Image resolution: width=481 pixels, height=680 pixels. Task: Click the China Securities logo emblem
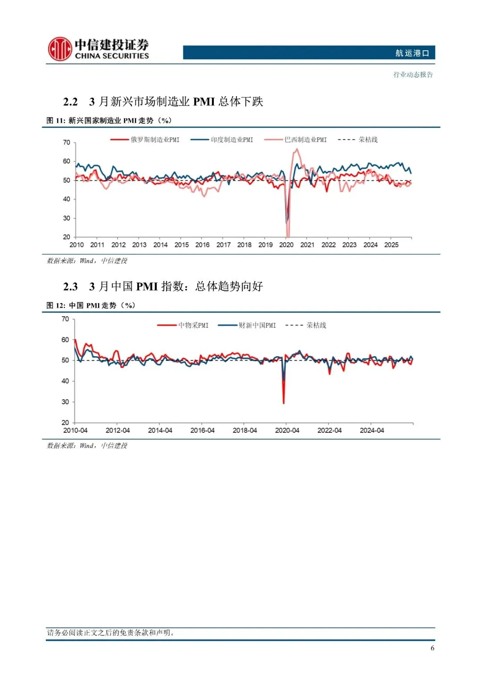(60, 49)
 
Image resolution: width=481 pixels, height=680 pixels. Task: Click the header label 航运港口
(412, 53)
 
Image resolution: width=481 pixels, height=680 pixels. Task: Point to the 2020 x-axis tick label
(286, 245)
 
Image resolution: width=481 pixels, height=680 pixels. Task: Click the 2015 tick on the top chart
(181, 245)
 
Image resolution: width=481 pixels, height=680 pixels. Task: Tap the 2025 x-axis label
(391, 245)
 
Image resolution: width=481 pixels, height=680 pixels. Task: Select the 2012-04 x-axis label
(118, 431)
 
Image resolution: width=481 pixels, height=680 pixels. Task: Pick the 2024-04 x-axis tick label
(372, 431)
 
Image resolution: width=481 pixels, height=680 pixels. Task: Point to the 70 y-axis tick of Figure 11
(66, 143)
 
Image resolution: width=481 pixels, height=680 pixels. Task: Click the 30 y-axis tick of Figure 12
(65, 402)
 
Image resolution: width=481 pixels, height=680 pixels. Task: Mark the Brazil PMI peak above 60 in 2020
(297, 150)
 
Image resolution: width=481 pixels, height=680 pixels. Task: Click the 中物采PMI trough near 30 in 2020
(284, 403)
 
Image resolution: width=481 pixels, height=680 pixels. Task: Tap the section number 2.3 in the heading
(70, 286)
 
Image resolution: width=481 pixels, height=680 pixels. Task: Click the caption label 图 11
(56, 121)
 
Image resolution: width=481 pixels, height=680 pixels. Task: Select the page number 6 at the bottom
(432, 648)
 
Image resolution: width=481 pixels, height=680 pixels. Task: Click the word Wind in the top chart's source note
(86, 261)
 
